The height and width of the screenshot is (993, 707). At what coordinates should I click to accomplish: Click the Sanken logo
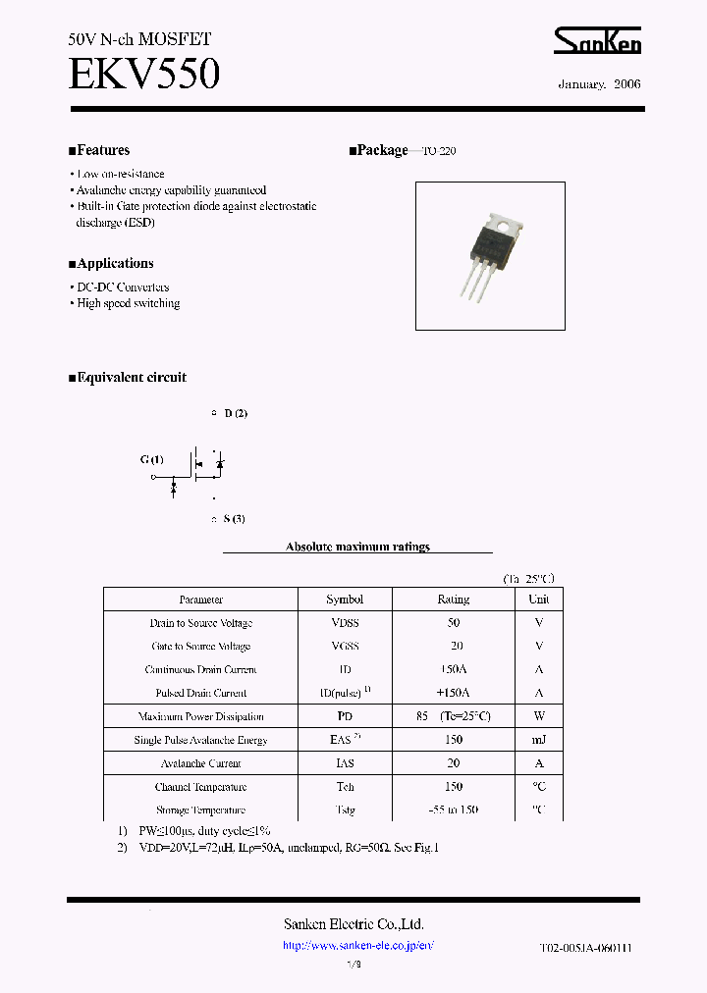click(x=597, y=40)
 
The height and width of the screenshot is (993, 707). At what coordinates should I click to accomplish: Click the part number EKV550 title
click(x=143, y=75)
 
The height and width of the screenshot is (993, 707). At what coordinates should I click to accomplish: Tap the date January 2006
click(x=599, y=84)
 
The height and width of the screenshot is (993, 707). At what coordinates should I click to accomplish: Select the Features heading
click(x=99, y=150)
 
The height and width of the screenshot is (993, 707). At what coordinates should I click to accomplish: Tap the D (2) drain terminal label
click(x=236, y=413)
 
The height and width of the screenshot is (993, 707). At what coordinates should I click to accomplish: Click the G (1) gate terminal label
click(x=152, y=459)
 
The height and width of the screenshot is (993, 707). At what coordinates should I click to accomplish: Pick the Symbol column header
click(x=345, y=600)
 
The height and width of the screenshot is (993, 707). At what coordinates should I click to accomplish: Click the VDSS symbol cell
click(x=345, y=623)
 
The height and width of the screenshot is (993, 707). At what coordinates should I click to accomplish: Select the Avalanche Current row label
click(x=201, y=763)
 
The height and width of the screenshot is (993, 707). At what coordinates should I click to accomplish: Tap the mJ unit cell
click(x=539, y=740)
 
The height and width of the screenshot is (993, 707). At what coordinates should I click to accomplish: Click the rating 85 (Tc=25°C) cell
click(x=453, y=716)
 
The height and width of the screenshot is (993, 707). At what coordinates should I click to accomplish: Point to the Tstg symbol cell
click(x=345, y=810)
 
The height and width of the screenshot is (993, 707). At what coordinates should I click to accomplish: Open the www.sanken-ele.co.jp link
click(x=357, y=946)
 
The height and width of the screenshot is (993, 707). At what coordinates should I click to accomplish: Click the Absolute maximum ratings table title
click(x=357, y=547)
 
